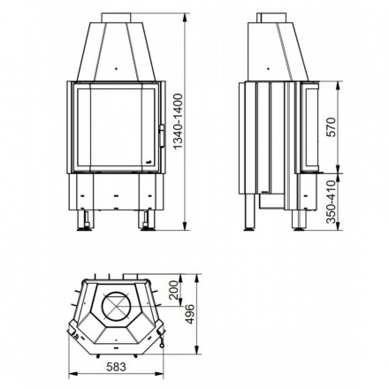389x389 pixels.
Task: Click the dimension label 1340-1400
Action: coord(179,123)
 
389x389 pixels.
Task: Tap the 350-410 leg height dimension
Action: coord(331,204)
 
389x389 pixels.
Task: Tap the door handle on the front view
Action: coord(162,135)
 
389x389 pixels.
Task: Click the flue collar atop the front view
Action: coord(115,17)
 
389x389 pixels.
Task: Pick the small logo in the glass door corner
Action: coord(148,163)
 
